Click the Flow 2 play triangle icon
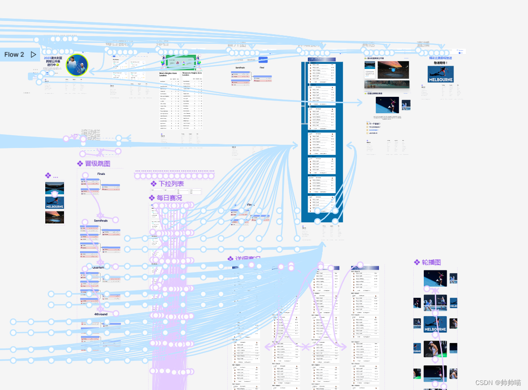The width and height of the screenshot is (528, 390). [x=33, y=54]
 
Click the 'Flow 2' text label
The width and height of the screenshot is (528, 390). [x=14, y=54]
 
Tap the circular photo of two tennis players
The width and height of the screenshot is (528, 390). [x=76, y=65]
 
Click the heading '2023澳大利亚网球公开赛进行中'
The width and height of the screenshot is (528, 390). [x=54, y=62]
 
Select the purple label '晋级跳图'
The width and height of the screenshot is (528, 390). [x=97, y=163]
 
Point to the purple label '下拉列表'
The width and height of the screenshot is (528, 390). [x=171, y=184]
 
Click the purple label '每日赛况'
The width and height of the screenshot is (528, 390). [x=169, y=198]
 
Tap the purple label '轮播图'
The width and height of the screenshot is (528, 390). [x=431, y=262]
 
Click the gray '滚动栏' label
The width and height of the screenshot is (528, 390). [x=90, y=134]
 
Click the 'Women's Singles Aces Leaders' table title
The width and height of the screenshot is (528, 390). [x=192, y=74]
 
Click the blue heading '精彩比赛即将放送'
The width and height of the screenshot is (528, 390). [x=440, y=58]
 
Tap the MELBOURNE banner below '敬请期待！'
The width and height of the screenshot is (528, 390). [x=440, y=74]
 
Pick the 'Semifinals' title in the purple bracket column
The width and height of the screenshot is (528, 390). [x=101, y=221]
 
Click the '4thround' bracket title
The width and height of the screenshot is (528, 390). [x=101, y=314]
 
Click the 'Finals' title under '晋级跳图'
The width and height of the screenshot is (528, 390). [x=101, y=174]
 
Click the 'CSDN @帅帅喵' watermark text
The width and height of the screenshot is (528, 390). [x=498, y=383]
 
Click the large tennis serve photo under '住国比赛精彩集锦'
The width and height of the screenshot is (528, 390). [x=387, y=105]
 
